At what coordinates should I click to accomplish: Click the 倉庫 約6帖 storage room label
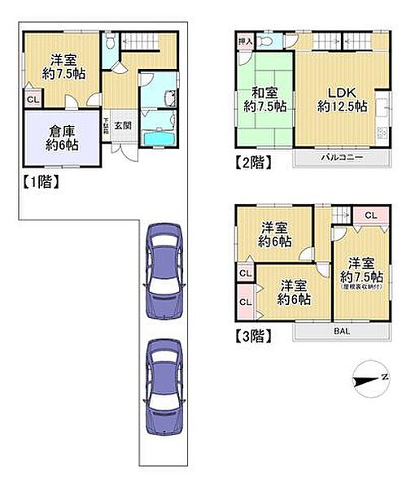62,138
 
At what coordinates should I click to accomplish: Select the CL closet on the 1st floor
31,100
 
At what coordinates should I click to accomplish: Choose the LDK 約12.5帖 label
342,98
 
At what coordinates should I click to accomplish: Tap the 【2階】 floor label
251,161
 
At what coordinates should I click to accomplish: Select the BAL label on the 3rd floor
341,332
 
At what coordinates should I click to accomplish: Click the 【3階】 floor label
251,335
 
